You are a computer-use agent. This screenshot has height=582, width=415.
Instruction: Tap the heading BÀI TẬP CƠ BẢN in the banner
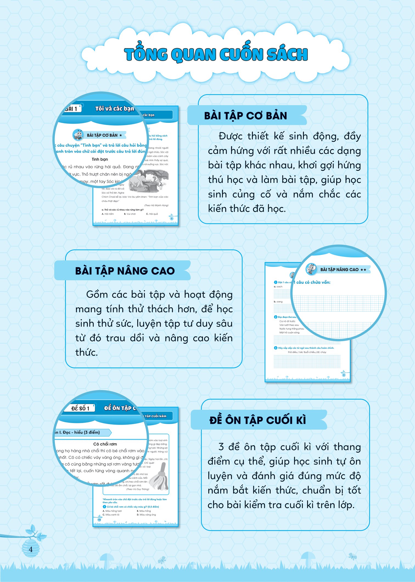point(245,116)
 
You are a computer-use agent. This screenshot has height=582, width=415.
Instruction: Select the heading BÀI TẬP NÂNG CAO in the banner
point(125,271)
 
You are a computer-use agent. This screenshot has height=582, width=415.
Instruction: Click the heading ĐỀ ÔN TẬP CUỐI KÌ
point(257,420)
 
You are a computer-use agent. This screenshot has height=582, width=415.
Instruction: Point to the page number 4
point(30,549)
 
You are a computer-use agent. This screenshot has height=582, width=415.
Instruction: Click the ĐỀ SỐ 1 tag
point(80,408)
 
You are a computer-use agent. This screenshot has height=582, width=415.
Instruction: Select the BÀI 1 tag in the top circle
point(72,109)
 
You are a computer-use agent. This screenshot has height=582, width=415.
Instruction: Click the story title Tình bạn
point(100,159)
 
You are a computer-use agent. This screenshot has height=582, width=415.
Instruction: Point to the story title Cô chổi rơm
point(105,444)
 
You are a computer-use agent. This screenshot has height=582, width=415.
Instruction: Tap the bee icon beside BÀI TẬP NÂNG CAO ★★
point(311,269)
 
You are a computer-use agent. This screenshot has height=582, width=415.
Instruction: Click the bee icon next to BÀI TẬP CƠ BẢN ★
point(78,135)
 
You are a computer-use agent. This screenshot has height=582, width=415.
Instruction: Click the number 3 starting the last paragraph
point(221,447)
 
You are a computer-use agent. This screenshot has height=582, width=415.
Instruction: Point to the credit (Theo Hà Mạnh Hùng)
point(156,205)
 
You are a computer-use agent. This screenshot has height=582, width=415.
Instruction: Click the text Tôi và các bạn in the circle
point(114,108)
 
